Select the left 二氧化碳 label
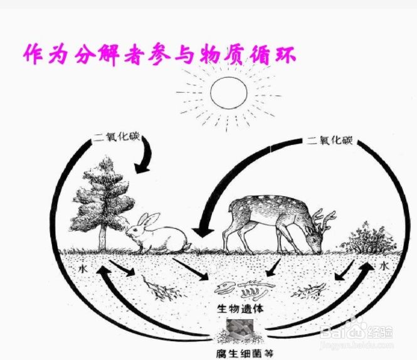[x=116, y=137]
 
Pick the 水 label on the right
[x=384, y=267]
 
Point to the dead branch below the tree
[x=164, y=289]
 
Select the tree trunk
[x=102, y=236]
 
